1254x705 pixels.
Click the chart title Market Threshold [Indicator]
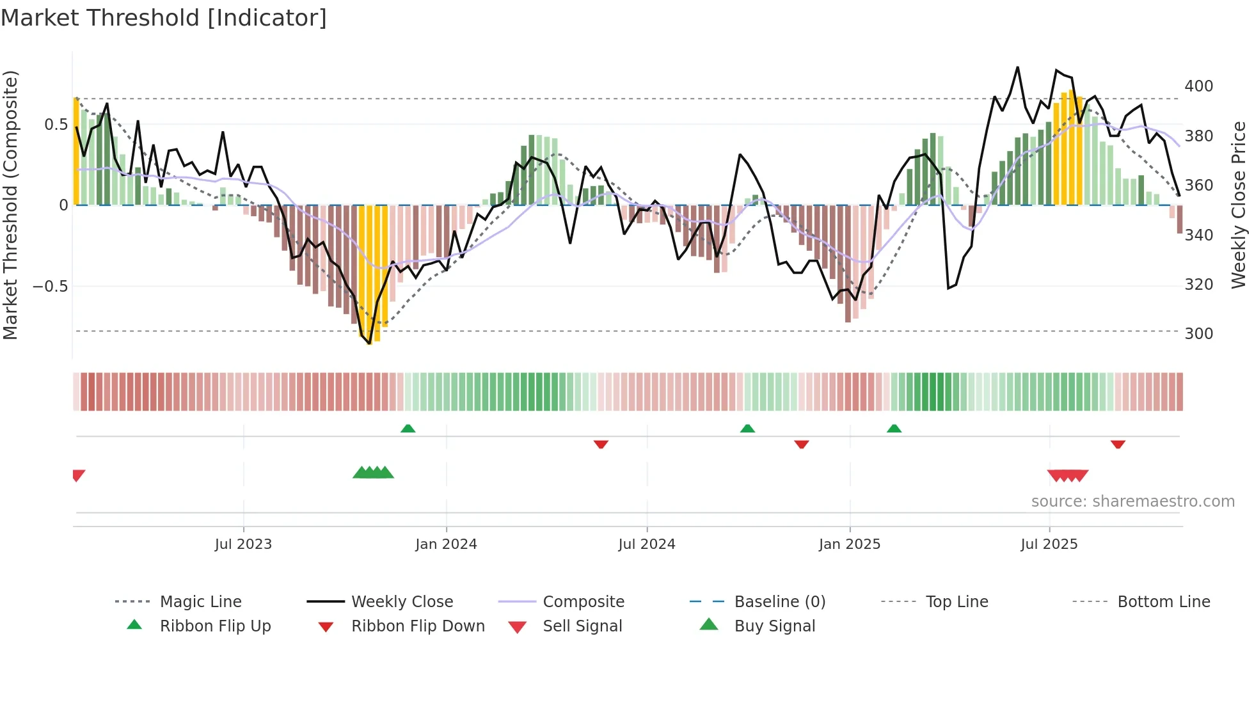(x=164, y=18)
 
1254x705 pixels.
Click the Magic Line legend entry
(x=200, y=602)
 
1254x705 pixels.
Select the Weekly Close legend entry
(x=402, y=602)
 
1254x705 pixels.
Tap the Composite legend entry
(x=583, y=602)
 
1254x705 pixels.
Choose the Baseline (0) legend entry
(x=779, y=602)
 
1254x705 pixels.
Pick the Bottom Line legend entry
(x=1163, y=602)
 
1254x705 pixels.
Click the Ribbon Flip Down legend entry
(x=418, y=626)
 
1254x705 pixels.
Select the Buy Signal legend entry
(x=774, y=626)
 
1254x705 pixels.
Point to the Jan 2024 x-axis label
(x=446, y=544)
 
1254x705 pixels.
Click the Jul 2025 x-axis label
(x=1049, y=544)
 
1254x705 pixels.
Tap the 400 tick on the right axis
(x=1198, y=86)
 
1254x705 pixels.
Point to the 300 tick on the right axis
(x=1198, y=334)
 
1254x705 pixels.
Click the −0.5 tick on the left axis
(x=51, y=286)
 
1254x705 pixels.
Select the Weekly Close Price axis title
(x=1239, y=205)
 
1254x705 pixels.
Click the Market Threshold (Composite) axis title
(x=10, y=205)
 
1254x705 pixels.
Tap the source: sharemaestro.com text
(x=1132, y=502)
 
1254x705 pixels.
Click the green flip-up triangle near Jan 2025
(x=894, y=429)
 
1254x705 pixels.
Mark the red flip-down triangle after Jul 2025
(x=1118, y=444)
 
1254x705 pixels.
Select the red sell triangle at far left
(x=78, y=475)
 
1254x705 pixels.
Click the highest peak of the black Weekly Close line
(x=1017, y=67)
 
